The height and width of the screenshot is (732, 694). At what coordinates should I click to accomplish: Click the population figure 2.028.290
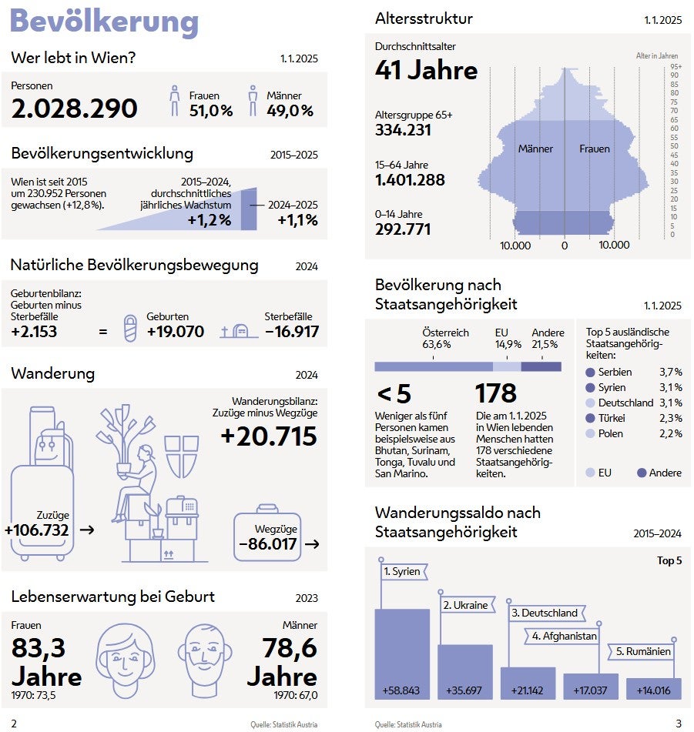pyautogui.click(x=75, y=109)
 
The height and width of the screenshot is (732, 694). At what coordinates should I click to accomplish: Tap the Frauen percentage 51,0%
pyautogui.click(x=211, y=111)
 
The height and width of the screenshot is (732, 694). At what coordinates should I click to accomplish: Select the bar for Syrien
pyautogui.click(x=401, y=654)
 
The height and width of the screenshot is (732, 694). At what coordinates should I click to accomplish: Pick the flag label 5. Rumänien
pyautogui.click(x=644, y=651)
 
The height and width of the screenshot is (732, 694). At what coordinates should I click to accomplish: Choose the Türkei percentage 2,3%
pyautogui.click(x=670, y=419)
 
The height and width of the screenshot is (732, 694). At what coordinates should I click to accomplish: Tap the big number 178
pyautogui.click(x=496, y=393)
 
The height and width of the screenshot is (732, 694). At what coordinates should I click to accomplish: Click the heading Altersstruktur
pyautogui.click(x=424, y=18)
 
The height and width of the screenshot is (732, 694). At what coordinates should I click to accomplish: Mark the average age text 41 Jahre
pyautogui.click(x=426, y=71)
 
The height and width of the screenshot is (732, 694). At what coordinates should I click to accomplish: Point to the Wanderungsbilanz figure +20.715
pyautogui.click(x=269, y=436)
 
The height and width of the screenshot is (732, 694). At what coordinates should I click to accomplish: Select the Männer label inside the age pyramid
pyautogui.click(x=535, y=149)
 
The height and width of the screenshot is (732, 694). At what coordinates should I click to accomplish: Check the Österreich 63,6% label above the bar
pyautogui.click(x=445, y=339)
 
